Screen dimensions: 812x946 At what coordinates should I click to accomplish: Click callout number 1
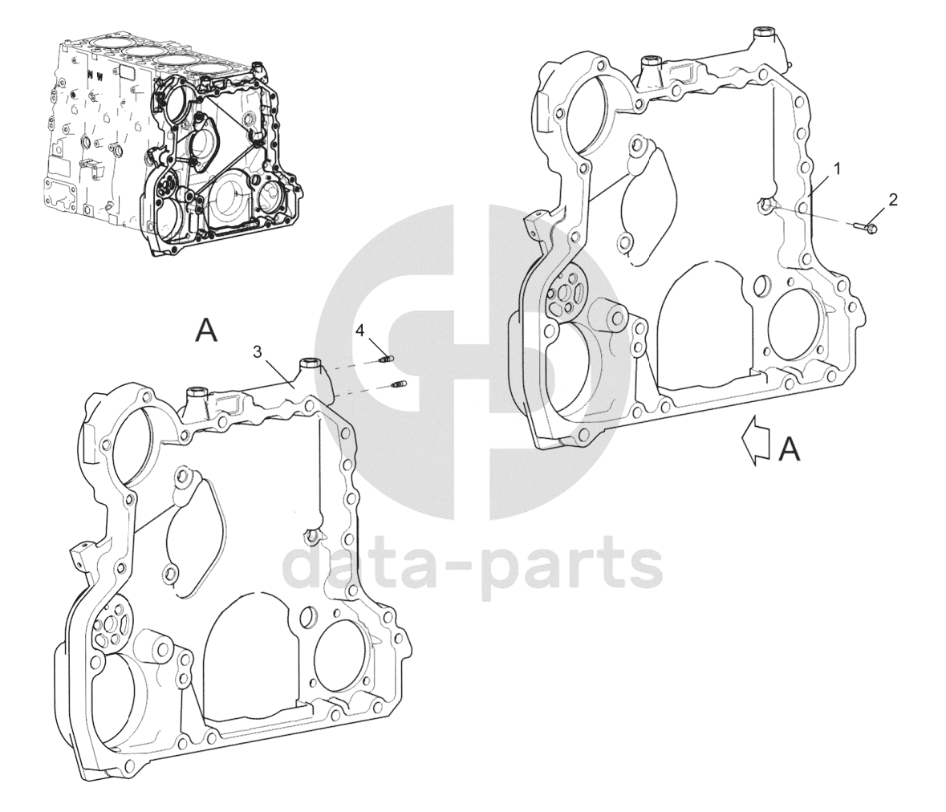(836, 168)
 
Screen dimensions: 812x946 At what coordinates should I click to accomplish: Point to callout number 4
(361, 330)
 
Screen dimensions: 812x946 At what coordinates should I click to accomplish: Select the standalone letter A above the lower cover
(207, 331)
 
